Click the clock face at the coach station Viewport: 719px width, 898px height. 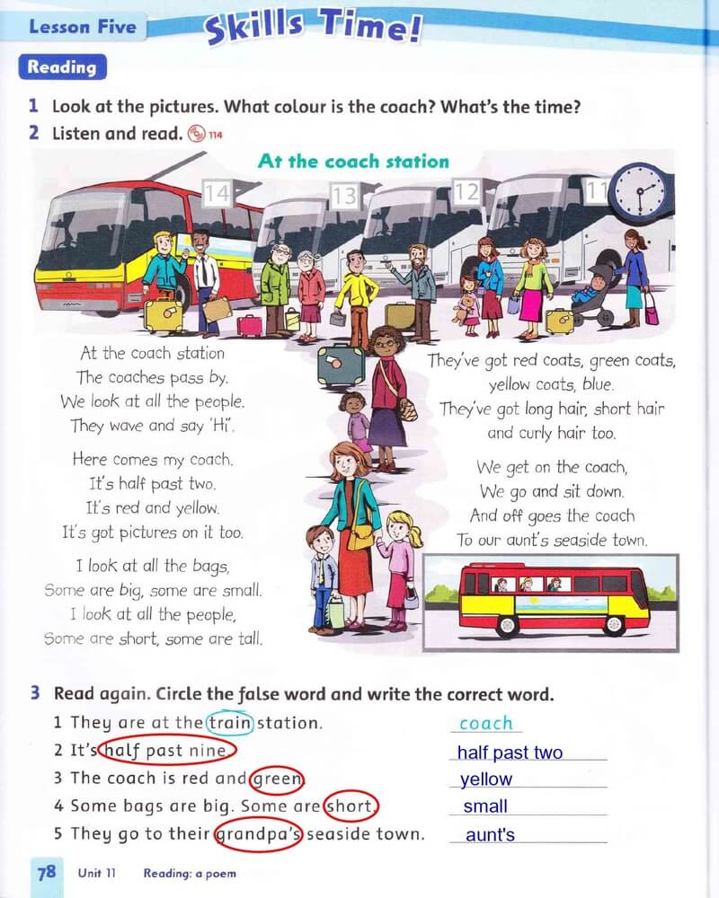[640, 190]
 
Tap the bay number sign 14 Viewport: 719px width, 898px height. [217, 193]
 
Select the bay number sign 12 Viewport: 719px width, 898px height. [466, 192]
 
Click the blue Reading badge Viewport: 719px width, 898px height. [63, 67]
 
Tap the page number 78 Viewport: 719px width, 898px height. [47, 872]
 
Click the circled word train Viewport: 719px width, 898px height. [230, 723]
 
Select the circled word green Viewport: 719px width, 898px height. [278, 779]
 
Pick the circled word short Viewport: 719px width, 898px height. [351, 806]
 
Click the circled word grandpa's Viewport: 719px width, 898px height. [258, 834]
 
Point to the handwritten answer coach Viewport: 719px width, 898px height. [486, 723]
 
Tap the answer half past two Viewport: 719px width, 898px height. [510, 752]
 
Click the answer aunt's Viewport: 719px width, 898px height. [490, 835]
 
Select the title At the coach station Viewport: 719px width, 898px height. [353, 161]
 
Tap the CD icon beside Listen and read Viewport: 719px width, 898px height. [197, 134]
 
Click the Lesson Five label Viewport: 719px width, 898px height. [83, 27]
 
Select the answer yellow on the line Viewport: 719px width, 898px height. [486, 779]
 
